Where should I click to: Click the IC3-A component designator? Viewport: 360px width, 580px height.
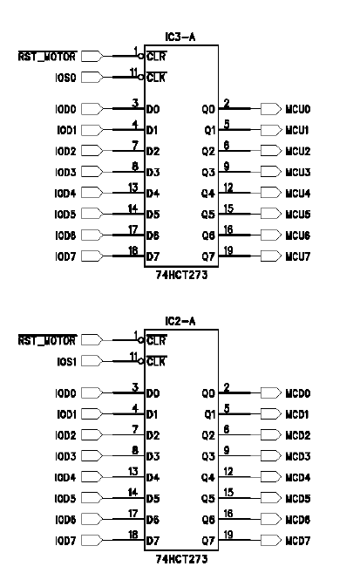(x=182, y=37)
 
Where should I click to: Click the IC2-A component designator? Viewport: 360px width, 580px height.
(x=182, y=322)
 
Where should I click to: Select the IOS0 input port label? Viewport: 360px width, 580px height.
(x=67, y=78)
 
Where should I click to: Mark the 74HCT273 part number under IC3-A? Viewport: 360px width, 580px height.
(x=182, y=274)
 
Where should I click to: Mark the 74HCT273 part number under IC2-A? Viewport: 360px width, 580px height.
(x=182, y=558)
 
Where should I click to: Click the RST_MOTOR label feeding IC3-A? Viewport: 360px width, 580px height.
(x=45, y=57)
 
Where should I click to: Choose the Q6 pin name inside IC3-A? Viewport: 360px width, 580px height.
(x=207, y=235)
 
